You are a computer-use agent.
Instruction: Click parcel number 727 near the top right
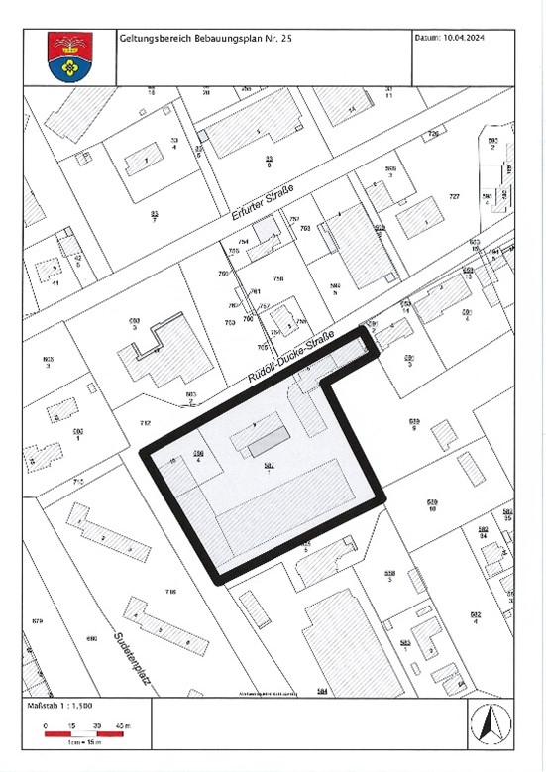point(454,196)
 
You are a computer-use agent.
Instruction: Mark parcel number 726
point(432,133)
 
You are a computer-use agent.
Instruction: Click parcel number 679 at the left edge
point(38,620)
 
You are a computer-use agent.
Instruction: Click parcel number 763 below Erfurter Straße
point(305,228)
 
